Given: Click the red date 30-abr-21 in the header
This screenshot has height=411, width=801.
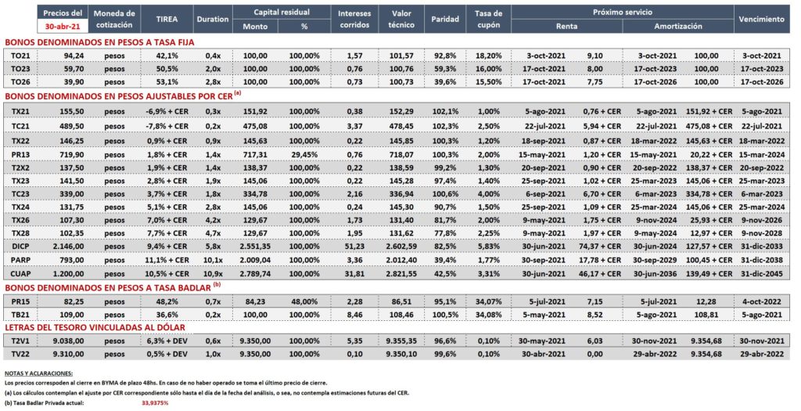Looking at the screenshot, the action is coord(63,26).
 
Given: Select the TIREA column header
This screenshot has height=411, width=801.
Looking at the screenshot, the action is coord(167,20).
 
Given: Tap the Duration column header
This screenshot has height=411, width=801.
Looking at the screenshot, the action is coord(213,20).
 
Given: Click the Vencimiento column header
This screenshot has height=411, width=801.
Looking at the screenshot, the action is coord(761,20).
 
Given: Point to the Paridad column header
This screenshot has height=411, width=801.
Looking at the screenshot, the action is coord(445,20).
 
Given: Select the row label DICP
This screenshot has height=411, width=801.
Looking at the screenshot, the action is coord(20,247).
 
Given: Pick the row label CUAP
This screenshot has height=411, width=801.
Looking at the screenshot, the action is coord(20,273).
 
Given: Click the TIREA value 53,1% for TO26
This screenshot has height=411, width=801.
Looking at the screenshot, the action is coord(167,81).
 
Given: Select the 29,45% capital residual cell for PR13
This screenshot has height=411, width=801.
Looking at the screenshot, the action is coord(304,154).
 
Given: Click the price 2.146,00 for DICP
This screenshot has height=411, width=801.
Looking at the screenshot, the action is coord(69,247).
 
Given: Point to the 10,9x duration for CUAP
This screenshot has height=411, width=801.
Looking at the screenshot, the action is coord(213,273).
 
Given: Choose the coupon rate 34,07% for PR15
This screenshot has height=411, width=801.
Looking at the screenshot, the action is coord(488,301).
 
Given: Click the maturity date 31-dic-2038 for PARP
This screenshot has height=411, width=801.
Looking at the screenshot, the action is coord(762,260).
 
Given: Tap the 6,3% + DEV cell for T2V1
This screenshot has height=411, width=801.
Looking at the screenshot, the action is coord(167,341).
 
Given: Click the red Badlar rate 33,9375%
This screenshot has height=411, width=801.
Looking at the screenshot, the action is coord(155,403).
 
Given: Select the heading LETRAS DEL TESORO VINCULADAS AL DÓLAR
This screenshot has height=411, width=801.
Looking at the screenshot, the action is coord(95,327).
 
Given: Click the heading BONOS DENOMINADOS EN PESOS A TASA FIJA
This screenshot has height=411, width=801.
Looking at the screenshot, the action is coord(99,42).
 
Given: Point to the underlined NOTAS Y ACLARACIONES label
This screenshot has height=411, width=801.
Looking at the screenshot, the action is coord(38,373).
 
